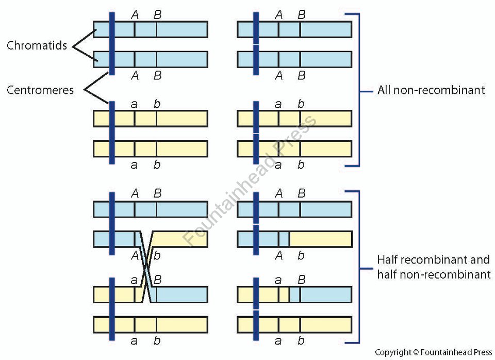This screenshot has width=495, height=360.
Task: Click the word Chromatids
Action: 37,45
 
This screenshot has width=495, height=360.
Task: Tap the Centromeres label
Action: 40,90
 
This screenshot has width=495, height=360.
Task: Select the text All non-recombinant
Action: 431,90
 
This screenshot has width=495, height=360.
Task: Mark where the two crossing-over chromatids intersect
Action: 147,267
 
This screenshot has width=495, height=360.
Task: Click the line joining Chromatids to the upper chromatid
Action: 84,39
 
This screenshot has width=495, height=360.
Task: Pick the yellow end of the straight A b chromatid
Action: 320,239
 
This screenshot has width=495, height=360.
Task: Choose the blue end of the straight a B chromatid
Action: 325,294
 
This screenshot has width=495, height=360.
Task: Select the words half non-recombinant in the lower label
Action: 434,274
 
